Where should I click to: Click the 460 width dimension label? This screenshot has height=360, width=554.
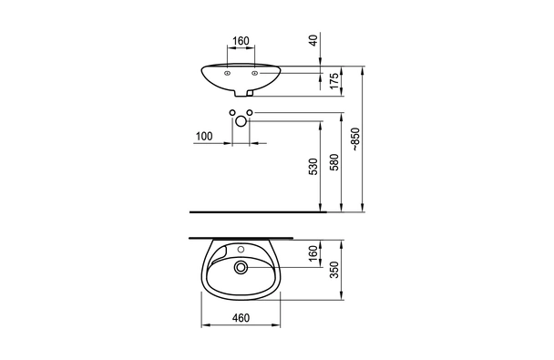tap(241, 318)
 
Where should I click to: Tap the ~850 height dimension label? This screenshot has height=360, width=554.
tap(355, 139)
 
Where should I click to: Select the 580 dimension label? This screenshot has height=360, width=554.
tap(333, 162)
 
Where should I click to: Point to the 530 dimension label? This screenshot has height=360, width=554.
tap(313, 167)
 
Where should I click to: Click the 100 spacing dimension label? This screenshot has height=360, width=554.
tap(204, 136)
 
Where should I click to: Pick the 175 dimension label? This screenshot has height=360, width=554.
tap(333, 81)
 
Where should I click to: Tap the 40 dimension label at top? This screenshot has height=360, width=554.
tap(313, 40)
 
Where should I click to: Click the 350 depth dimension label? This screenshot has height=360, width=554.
tap(333, 270)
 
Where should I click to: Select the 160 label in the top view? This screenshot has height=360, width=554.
tap(313, 253)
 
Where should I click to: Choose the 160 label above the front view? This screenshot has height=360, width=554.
tap(241, 41)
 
